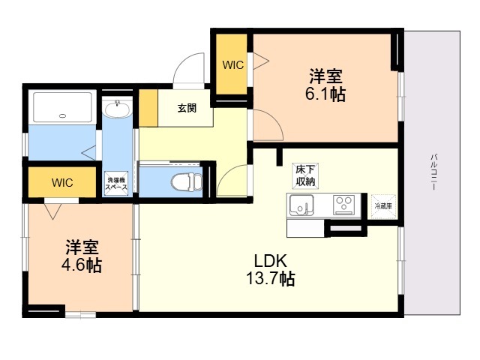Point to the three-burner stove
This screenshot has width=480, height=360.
point(345,204)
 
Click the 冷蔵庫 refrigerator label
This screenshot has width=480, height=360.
point(383,205)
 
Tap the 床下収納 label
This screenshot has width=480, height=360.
point(303,178)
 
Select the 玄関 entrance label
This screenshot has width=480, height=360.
point(187,108)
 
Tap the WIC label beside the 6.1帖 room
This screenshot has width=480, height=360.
point(232,65)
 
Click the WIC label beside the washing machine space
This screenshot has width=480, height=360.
point(62,182)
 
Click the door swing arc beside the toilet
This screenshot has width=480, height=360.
point(230,180)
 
